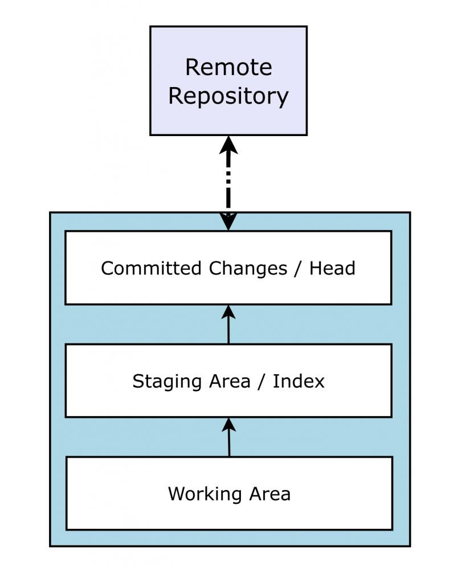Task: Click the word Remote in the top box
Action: (228, 68)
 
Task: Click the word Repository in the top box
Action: (228, 96)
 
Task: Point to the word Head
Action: (332, 268)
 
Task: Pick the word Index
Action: (299, 381)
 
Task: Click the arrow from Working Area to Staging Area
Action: (229, 441)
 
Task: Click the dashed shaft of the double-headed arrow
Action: (228, 182)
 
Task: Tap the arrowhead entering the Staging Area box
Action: (229, 424)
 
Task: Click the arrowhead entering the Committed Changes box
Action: (228, 311)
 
